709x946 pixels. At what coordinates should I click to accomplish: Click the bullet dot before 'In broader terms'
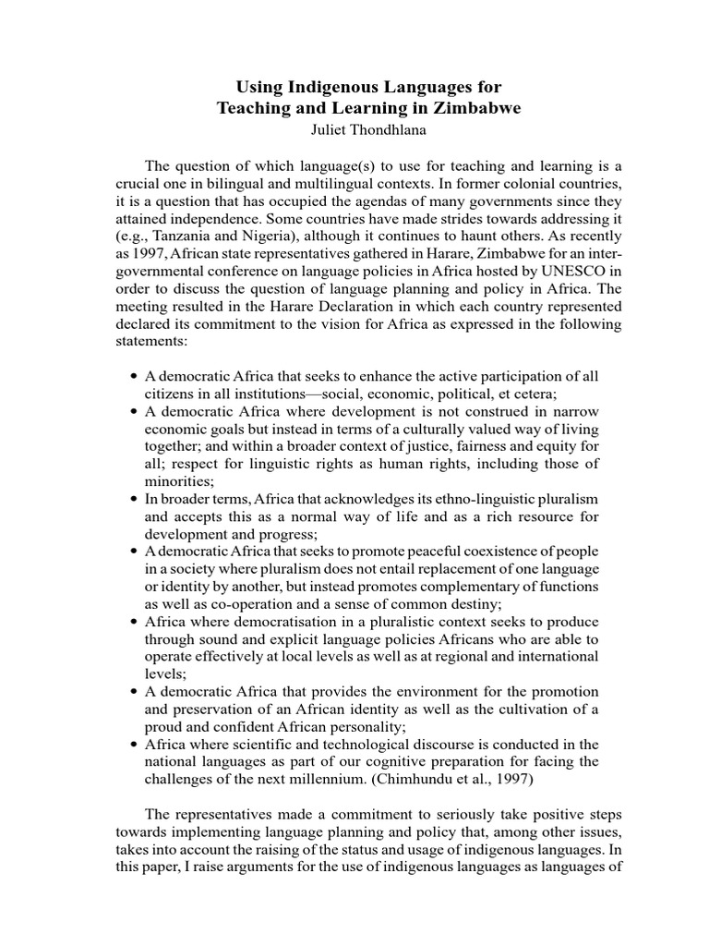135,499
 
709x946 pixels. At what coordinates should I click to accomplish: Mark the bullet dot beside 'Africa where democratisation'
135,622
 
